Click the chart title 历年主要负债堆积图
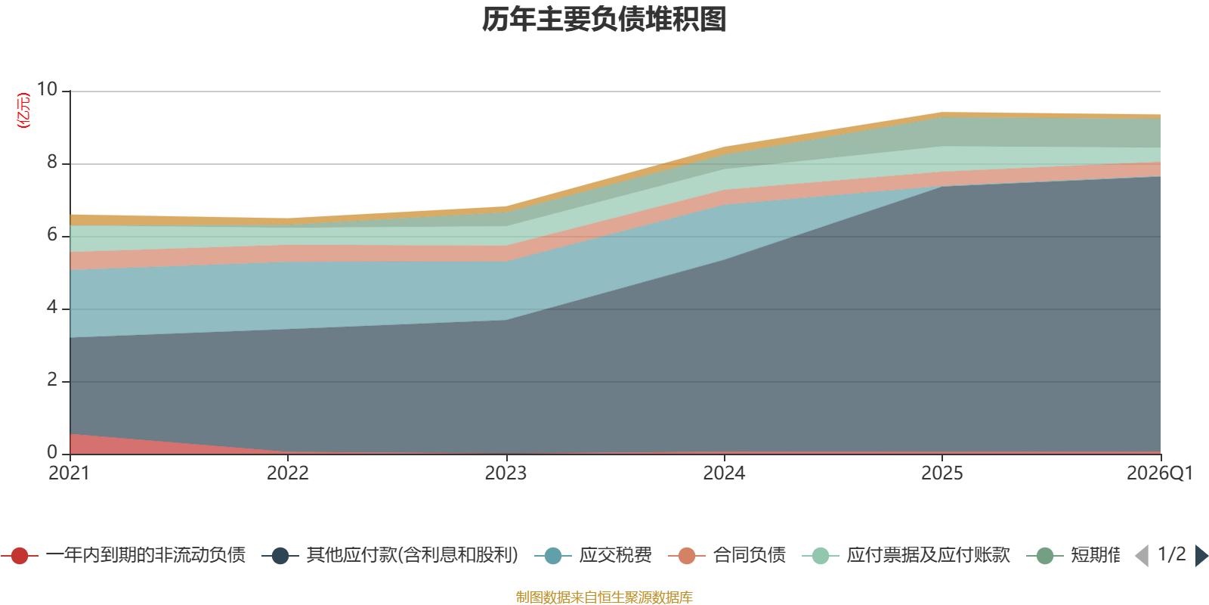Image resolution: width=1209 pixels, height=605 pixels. click(x=604, y=20)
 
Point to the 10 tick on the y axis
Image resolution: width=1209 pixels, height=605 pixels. click(x=47, y=89)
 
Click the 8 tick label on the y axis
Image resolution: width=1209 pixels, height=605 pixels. click(x=52, y=162)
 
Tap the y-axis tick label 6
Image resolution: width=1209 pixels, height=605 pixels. click(x=52, y=234)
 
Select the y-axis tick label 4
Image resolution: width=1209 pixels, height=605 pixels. click(x=52, y=307)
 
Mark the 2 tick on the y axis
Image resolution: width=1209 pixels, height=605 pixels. click(x=52, y=380)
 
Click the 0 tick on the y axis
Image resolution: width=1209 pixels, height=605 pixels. click(x=52, y=451)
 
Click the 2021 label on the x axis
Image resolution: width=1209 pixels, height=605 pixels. click(x=69, y=473)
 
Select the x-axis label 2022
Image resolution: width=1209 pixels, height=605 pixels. click(x=288, y=473)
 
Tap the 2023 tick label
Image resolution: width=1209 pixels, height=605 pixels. click(x=506, y=473)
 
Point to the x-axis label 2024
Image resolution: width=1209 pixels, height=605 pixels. click(x=724, y=473)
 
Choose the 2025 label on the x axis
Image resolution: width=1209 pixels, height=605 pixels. click(x=942, y=473)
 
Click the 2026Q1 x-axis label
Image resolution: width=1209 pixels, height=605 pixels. click(x=1160, y=473)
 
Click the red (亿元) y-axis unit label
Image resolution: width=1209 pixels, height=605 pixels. click(x=23, y=110)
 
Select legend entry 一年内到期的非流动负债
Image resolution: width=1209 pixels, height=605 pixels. click(x=124, y=555)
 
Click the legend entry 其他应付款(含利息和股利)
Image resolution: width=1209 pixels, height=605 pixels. click(x=390, y=555)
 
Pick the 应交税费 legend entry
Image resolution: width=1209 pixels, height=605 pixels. click(x=593, y=555)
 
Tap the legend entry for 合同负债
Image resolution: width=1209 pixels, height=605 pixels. click(x=727, y=555)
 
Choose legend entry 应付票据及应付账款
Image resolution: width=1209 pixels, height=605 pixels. click(x=906, y=555)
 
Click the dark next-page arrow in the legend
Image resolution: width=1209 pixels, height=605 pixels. click(x=1201, y=556)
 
